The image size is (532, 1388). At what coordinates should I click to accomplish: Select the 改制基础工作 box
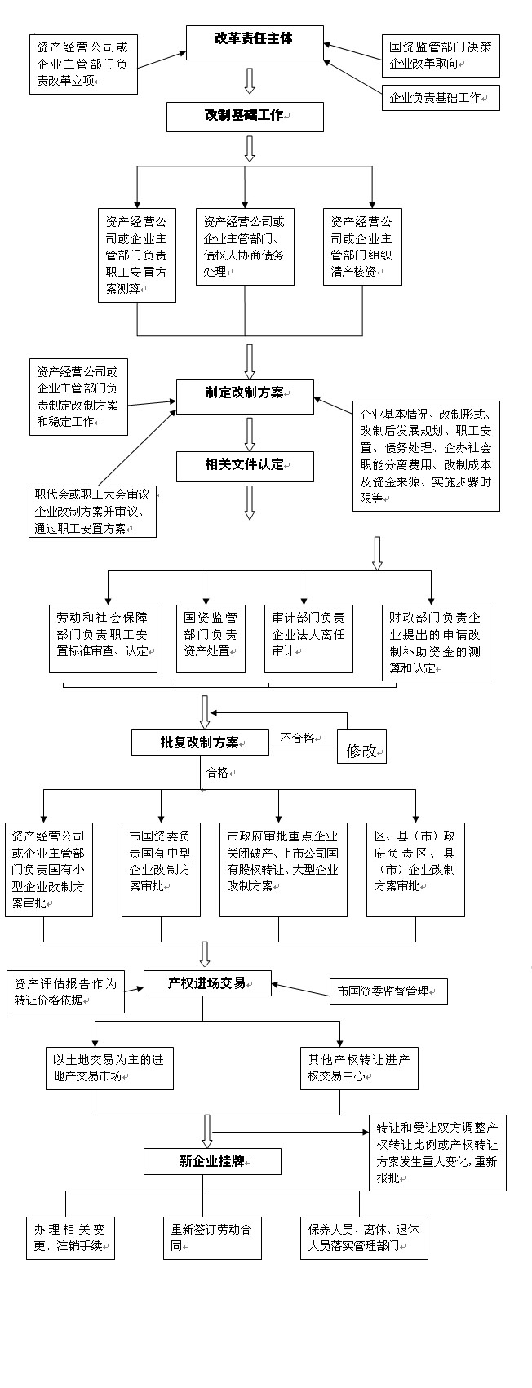(x=245, y=116)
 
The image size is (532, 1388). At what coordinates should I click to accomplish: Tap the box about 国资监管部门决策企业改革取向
(x=441, y=55)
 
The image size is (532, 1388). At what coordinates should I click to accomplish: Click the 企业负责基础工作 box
(x=441, y=98)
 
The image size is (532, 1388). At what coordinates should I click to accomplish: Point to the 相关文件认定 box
(x=245, y=465)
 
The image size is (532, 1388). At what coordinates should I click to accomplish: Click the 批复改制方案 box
(x=200, y=742)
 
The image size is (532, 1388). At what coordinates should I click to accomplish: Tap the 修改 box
(x=361, y=750)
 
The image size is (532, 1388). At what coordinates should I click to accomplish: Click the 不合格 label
(x=298, y=738)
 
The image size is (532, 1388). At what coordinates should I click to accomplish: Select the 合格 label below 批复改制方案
(x=217, y=772)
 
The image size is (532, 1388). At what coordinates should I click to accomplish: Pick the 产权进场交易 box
(x=208, y=983)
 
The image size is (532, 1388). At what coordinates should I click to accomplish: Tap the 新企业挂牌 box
(x=212, y=1161)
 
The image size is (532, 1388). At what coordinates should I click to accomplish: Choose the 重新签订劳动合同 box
(x=211, y=1238)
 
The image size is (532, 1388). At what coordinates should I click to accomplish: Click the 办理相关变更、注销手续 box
(x=70, y=1238)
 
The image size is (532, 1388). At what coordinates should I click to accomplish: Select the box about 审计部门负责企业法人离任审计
(x=308, y=637)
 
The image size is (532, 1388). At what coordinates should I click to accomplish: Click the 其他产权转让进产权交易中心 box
(x=359, y=1067)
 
